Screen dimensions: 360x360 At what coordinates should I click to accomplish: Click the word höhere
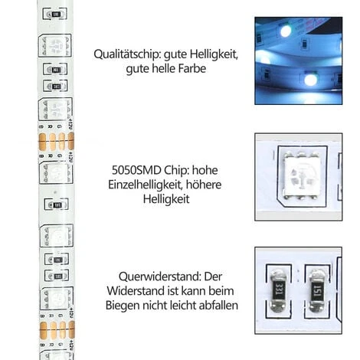tap(211, 184)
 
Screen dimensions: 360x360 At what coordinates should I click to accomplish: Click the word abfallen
tap(218, 305)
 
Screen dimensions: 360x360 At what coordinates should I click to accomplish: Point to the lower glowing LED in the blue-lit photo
tap(310, 79)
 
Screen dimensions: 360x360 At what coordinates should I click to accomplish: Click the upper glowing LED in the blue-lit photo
tap(285, 31)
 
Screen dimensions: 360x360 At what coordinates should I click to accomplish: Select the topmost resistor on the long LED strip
tap(56, 14)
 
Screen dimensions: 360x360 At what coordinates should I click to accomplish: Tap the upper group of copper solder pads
tap(55, 141)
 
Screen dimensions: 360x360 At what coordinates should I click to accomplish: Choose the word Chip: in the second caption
tap(176, 170)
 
